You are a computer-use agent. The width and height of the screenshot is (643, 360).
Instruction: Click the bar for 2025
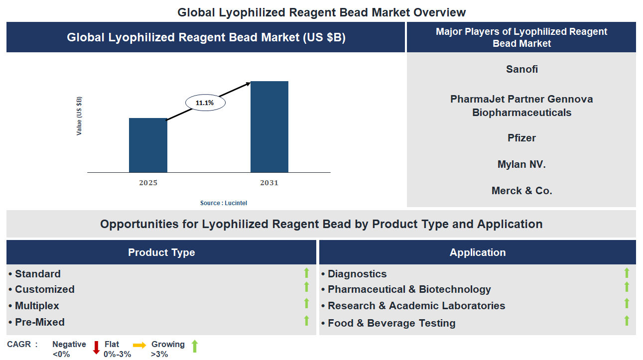(148, 145)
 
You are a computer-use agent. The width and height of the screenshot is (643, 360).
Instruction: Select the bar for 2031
(269, 127)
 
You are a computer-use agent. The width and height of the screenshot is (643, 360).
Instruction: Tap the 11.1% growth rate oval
(205, 103)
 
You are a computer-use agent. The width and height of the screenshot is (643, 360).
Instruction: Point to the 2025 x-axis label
(148, 183)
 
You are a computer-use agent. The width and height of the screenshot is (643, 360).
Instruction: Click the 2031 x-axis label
(269, 183)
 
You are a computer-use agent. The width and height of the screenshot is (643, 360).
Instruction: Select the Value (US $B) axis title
(79, 116)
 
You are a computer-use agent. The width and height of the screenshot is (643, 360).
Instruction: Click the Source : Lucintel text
(224, 203)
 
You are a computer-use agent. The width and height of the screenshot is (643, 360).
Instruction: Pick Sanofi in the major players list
(521, 69)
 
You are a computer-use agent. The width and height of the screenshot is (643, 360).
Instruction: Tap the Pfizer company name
(521, 138)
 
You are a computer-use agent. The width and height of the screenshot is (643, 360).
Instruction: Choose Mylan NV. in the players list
(521, 164)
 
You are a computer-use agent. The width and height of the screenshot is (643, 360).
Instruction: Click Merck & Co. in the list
(521, 191)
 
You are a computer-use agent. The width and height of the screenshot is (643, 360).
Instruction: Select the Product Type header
(161, 252)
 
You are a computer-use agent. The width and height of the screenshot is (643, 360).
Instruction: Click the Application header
(477, 252)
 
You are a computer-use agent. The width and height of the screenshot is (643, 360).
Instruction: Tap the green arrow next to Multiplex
(307, 304)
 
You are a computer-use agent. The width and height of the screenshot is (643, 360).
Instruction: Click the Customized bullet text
(45, 289)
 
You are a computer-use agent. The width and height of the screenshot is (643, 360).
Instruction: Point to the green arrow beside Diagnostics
(627, 273)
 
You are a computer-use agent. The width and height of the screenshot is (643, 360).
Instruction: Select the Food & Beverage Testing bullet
(391, 323)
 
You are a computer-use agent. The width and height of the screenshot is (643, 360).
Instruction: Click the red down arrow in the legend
(97, 347)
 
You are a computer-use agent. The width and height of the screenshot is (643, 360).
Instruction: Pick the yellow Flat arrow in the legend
(139, 345)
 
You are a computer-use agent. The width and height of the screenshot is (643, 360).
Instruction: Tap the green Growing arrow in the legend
(195, 346)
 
